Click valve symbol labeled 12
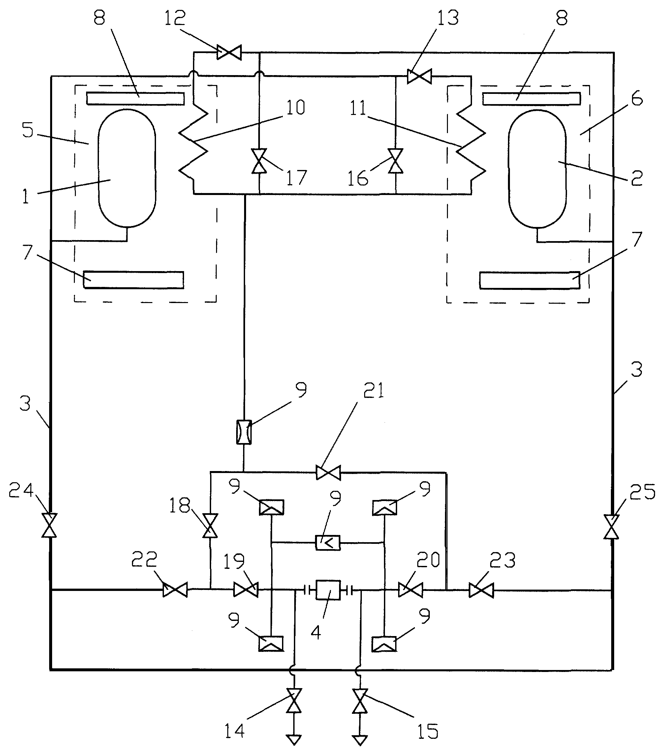(229, 52)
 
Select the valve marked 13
(419, 77)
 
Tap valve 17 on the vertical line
(259, 161)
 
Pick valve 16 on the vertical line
(396, 161)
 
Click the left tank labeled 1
(127, 168)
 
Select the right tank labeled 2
(537, 169)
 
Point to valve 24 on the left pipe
(49, 525)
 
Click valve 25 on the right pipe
(611, 527)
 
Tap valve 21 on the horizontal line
(328, 472)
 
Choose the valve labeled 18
(210, 525)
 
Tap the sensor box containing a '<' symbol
(328, 542)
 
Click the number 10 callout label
(296, 107)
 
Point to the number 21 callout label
(373, 390)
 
